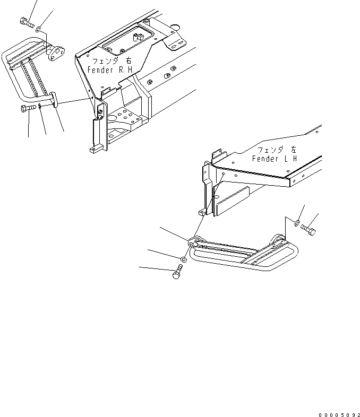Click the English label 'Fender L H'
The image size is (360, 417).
[275, 159]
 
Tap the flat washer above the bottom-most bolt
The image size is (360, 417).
[183, 259]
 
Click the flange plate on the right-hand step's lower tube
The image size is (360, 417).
[55, 100]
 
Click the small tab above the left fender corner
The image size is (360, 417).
[216, 154]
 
